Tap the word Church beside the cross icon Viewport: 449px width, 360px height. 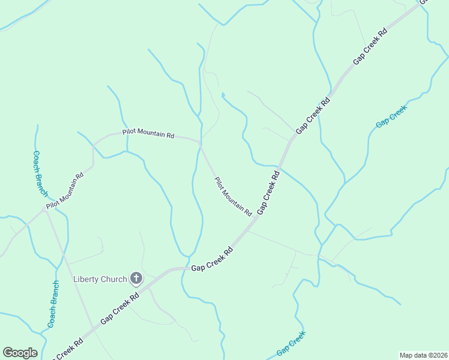(x=114, y=279)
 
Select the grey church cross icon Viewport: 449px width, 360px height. (x=136, y=278)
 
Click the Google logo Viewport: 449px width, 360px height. (x=20, y=353)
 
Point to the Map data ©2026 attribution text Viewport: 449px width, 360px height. (x=423, y=355)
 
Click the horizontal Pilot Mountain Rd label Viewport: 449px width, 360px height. (x=148, y=134)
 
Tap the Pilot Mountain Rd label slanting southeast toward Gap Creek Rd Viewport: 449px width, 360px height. (x=233, y=196)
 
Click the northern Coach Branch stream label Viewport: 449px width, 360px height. (x=40, y=173)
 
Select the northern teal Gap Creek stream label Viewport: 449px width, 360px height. (x=391, y=116)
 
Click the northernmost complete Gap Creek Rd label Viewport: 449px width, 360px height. (x=370, y=46)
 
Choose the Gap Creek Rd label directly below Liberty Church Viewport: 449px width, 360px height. (x=120, y=308)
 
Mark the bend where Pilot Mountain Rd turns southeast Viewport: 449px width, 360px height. (x=200, y=144)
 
